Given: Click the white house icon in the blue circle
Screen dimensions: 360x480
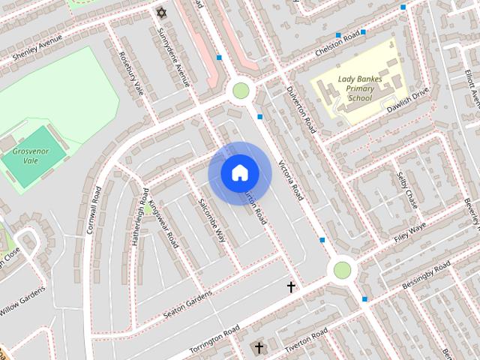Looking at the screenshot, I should pyautogui.click(x=239, y=173).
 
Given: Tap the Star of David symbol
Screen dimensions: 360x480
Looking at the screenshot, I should pyautogui.click(x=160, y=13).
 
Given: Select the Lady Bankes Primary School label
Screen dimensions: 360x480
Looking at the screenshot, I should pyautogui.click(x=355, y=88).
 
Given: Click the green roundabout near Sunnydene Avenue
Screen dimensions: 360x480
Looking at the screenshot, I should pyautogui.click(x=241, y=91).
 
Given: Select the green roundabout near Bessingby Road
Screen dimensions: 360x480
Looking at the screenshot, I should pyautogui.click(x=342, y=269).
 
